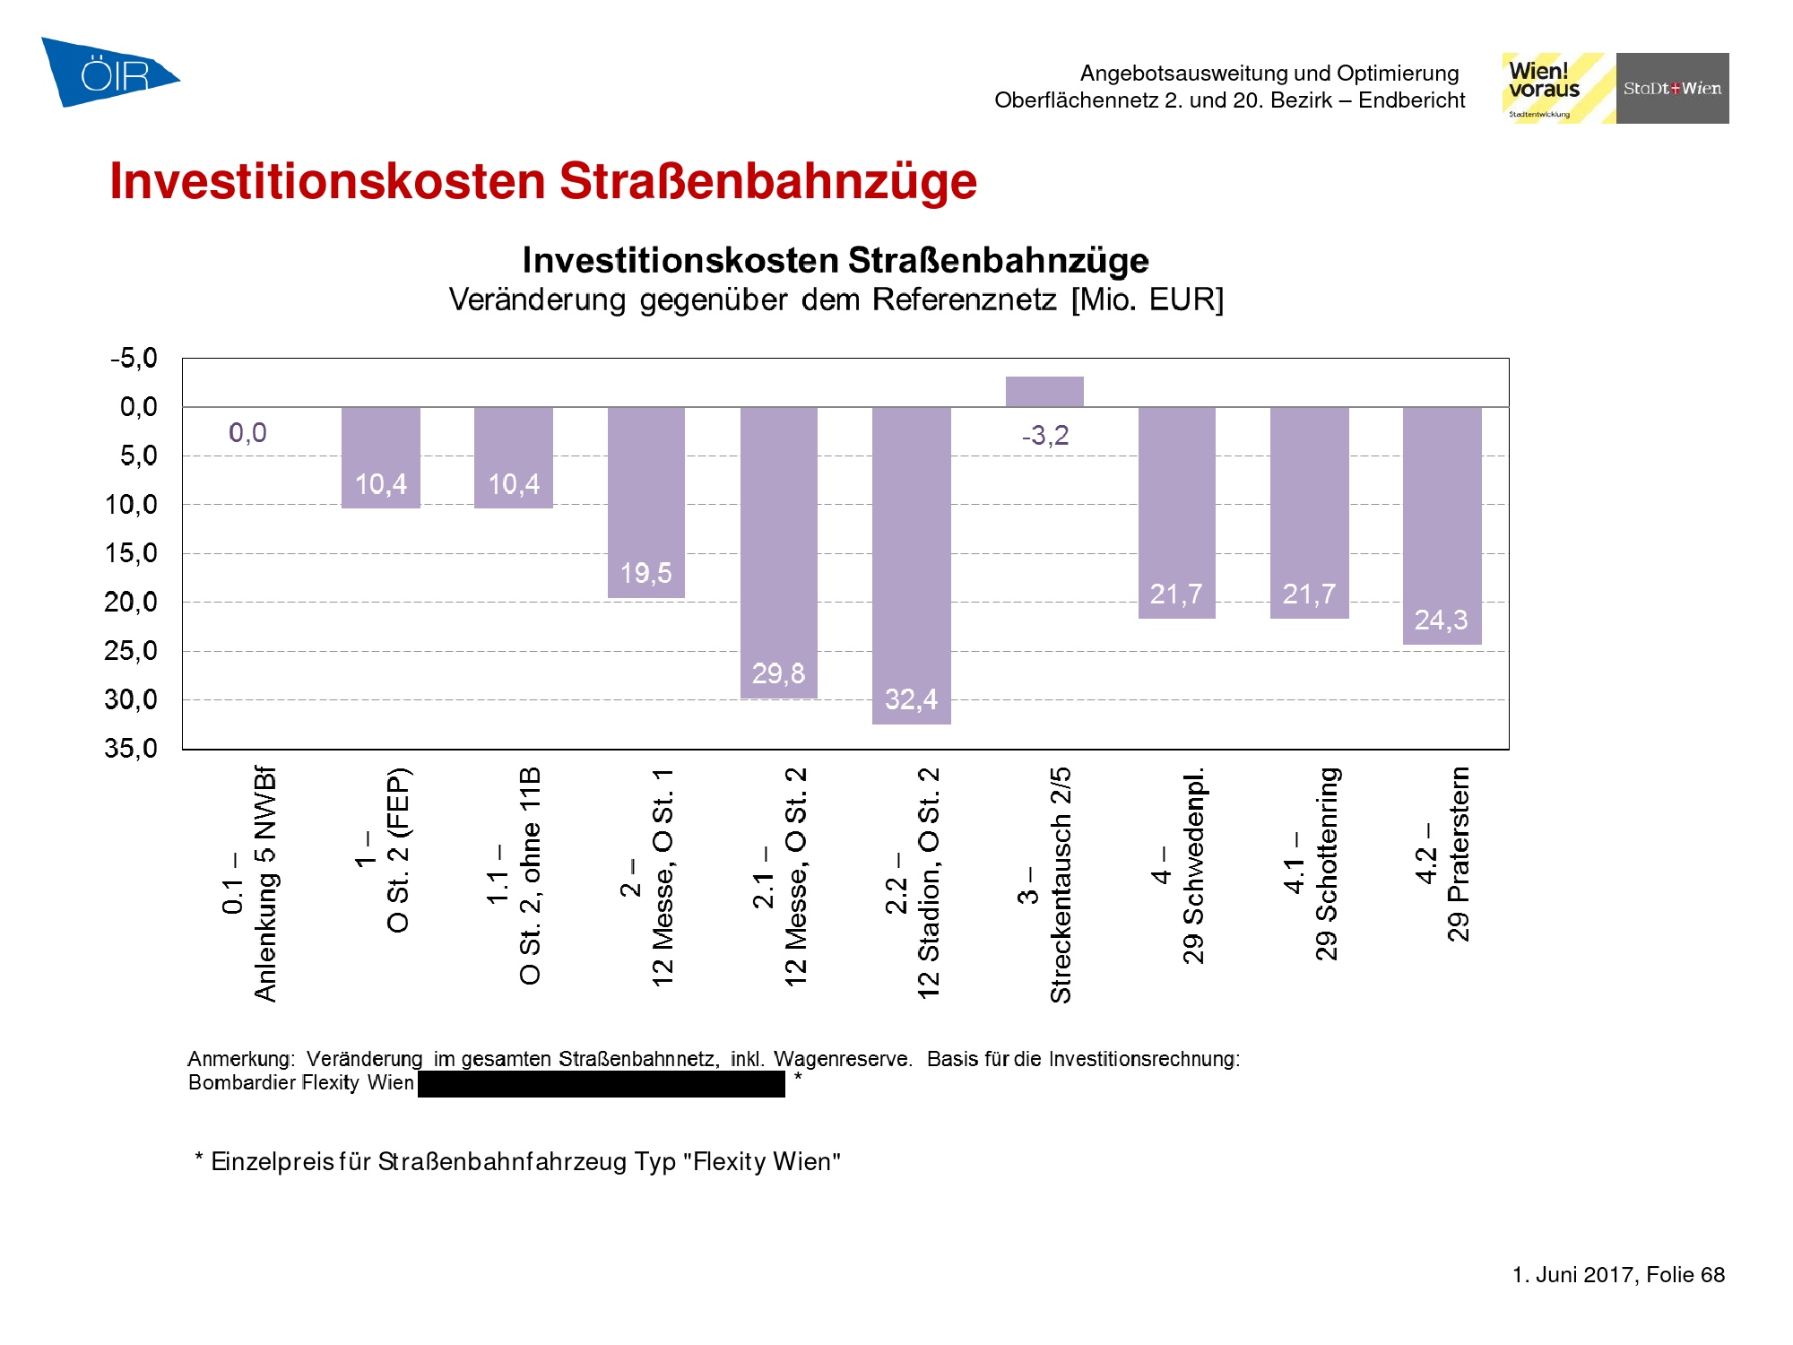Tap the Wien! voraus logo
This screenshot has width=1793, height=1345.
point(1557,88)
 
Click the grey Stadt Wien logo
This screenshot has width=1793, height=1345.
point(1672,88)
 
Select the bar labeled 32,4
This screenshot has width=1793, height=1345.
point(911,565)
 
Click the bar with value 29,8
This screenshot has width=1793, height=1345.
point(778,551)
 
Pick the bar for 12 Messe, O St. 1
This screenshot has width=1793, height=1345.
point(645,502)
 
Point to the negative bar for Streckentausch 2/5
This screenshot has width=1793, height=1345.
point(1044,392)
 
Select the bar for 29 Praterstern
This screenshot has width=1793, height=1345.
point(1442,525)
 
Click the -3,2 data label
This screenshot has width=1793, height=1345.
point(1045,436)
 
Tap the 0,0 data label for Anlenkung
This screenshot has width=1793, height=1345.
point(247,433)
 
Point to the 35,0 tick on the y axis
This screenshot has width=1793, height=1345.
point(131,748)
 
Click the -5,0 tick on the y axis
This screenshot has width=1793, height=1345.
point(134,359)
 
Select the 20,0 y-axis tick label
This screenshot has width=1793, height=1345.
point(131,603)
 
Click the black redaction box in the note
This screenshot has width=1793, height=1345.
point(601,1084)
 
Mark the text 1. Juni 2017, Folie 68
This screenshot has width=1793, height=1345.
point(1618,1274)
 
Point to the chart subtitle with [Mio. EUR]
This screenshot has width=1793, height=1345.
point(836,299)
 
